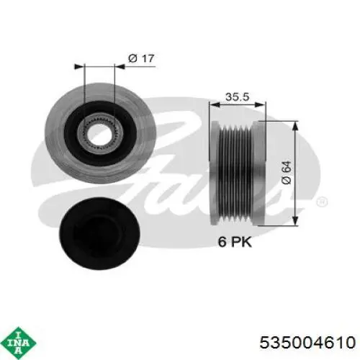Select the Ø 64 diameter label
tap(286, 171)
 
